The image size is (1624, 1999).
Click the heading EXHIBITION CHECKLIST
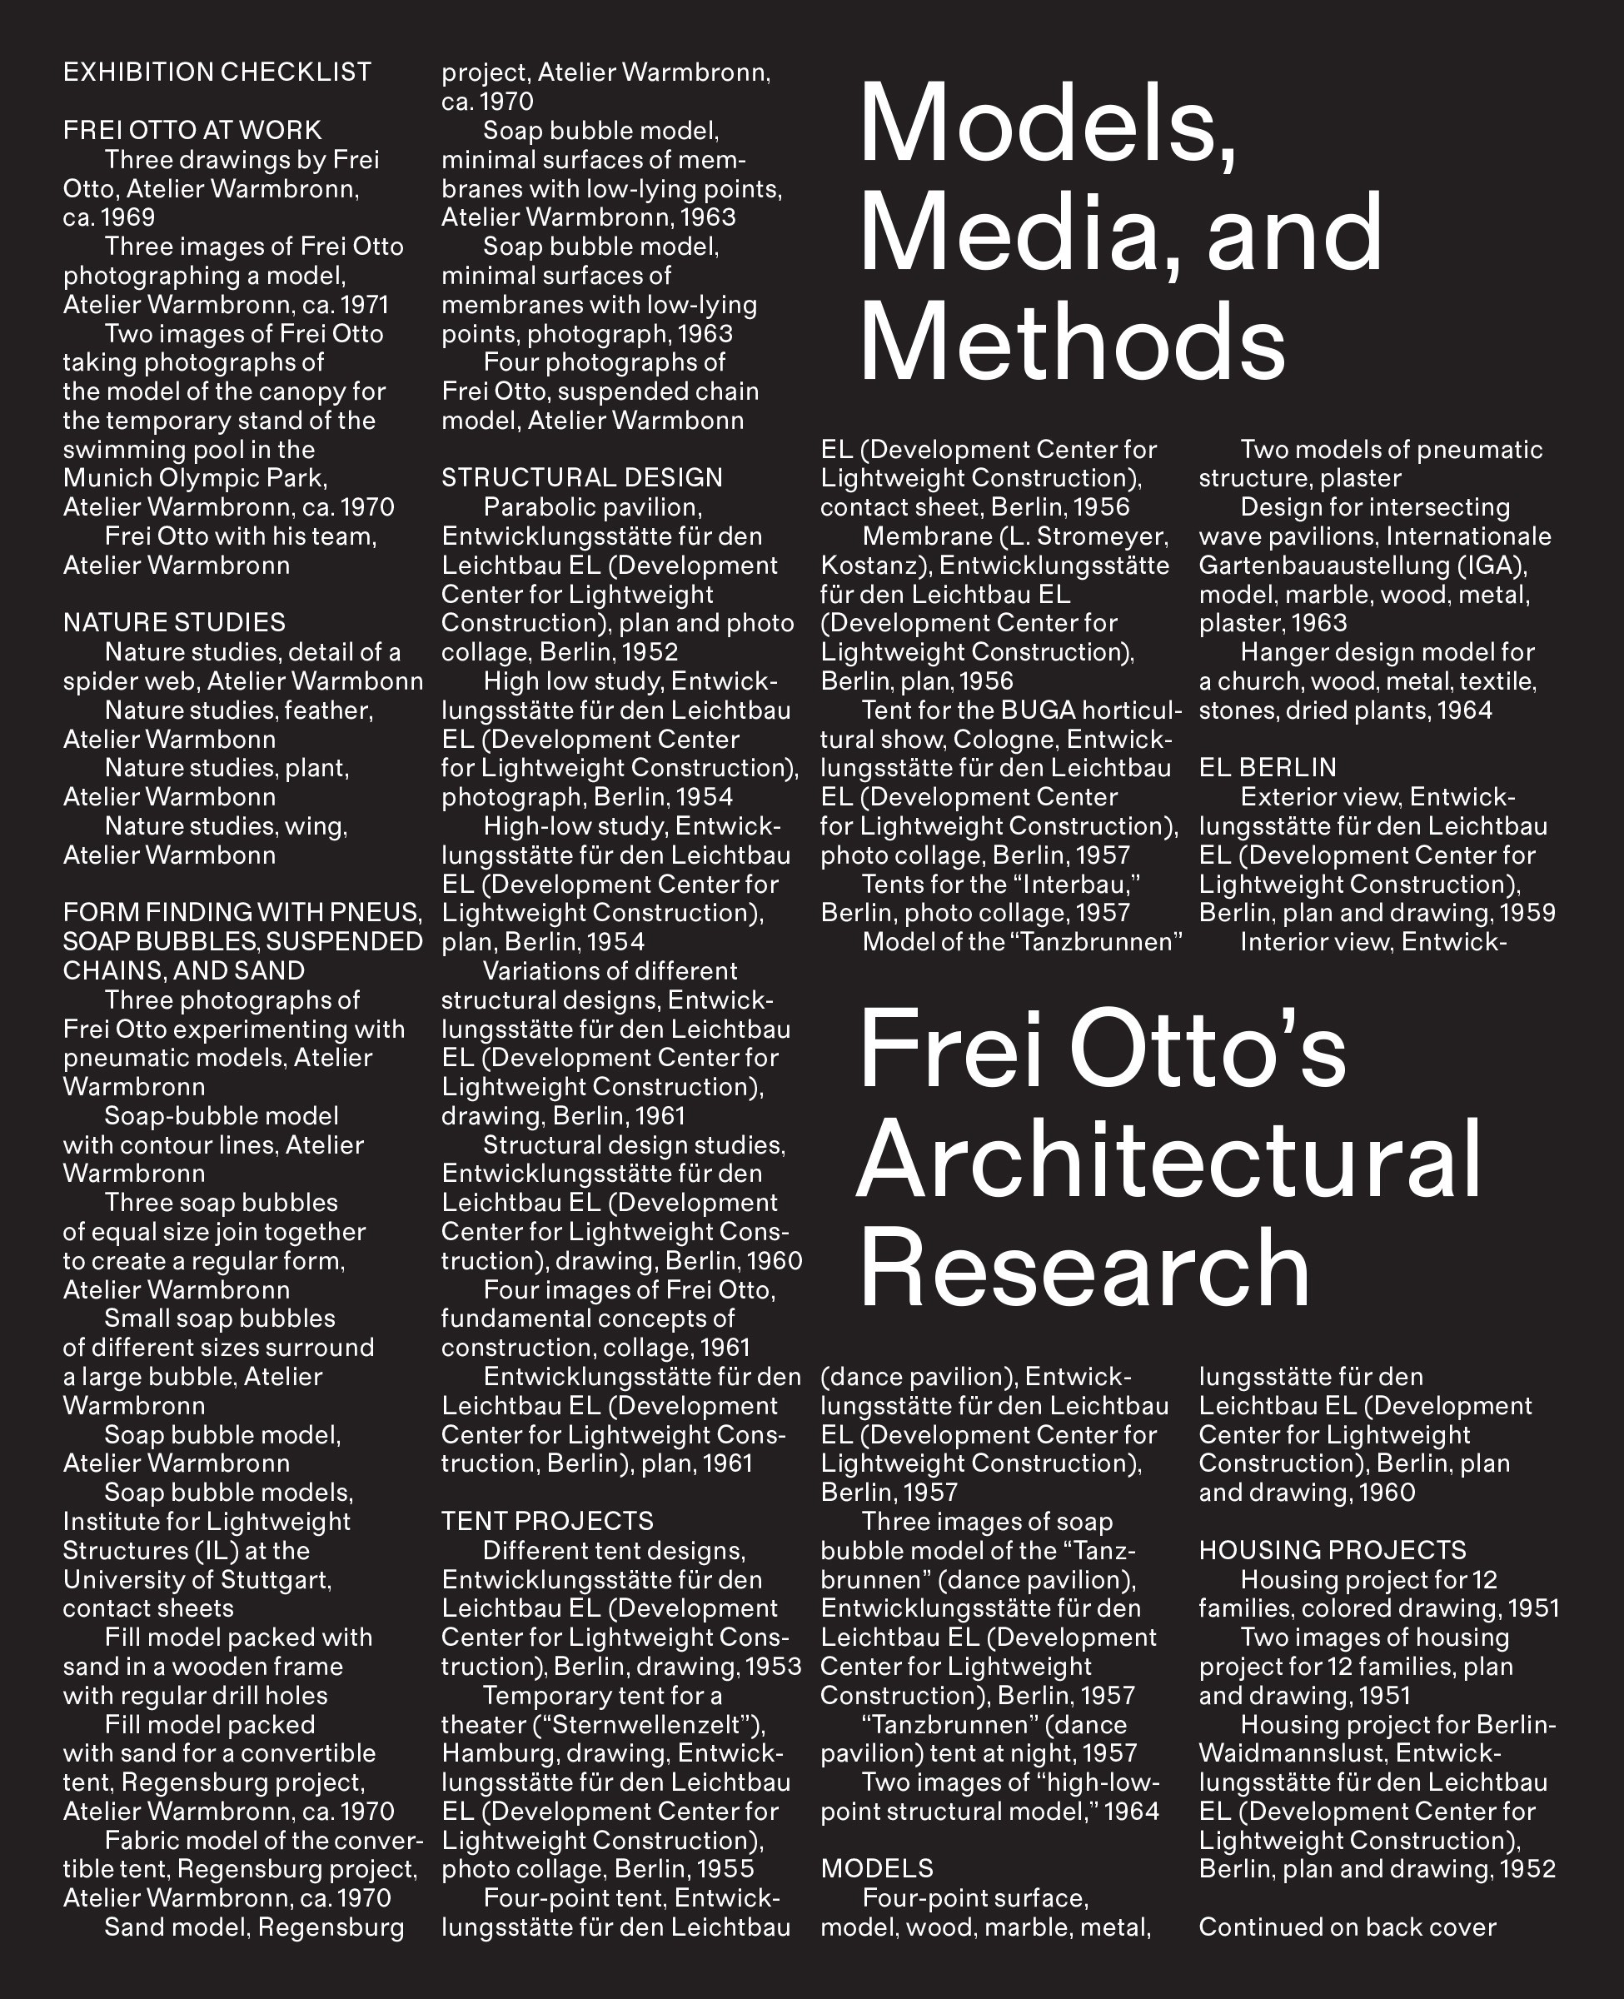click(x=217, y=73)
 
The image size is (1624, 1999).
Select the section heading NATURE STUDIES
click(x=174, y=623)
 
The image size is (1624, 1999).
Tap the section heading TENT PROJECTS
click(x=547, y=1522)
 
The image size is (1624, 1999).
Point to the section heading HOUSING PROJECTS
click(x=1333, y=1551)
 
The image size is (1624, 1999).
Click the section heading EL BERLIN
click(x=1268, y=768)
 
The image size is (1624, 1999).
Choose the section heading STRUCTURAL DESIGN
click(x=582, y=478)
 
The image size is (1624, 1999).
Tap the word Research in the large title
click(x=1084, y=1267)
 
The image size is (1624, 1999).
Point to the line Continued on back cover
click(x=1348, y=1928)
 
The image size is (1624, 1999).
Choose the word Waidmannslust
click(x=1281, y=1754)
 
